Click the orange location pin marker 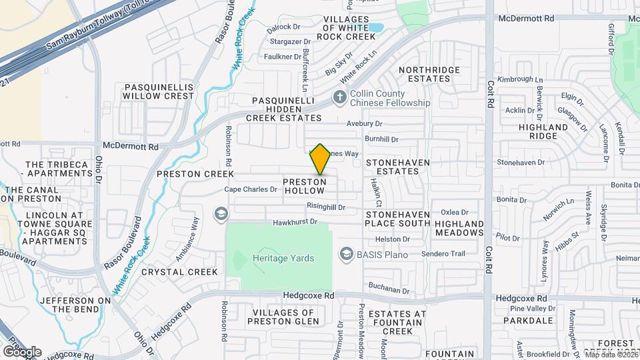point(320,160)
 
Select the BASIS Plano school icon point(346,254)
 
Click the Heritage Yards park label point(283,258)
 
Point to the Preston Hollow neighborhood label point(305,186)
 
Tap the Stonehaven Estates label point(397,167)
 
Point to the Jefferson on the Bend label point(75,305)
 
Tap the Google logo point(22,351)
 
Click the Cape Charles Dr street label point(251,189)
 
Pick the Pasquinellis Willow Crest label point(159,91)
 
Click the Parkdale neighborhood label point(529,320)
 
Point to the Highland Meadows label point(459,228)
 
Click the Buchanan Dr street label point(389,290)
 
